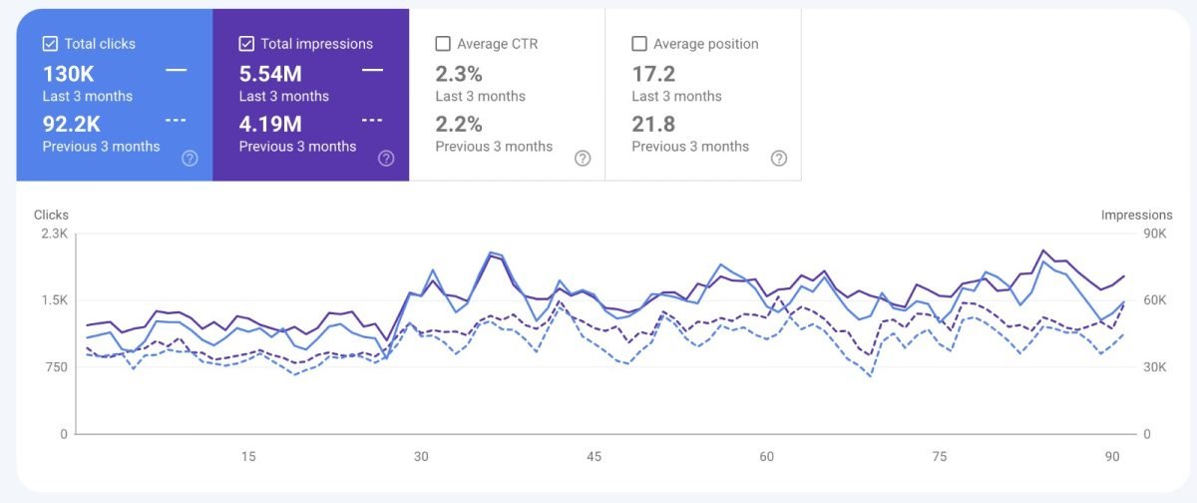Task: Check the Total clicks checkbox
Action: click(x=50, y=44)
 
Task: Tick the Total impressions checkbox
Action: click(x=246, y=44)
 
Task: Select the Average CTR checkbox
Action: click(x=443, y=44)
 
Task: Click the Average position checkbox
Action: click(x=639, y=44)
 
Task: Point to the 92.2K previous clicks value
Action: click(x=72, y=124)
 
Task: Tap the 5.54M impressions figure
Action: click(x=270, y=74)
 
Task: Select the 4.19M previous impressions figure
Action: click(x=270, y=124)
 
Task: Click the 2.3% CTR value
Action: click(x=459, y=74)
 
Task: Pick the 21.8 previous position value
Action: click(x=653, y=124)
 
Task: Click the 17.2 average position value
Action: click(x=653, y=74)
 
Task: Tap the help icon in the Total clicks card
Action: click(x=190, y=158)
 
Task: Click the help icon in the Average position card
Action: click(x=779, y=158)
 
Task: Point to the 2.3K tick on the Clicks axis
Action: click(x=53, y=234)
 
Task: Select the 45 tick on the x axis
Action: click(x=594, y=456)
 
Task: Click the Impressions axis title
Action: click(x=1136, y=215)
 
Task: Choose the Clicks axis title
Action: click(x=51, y=215)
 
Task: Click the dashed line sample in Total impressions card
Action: click(x=372, y=120)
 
